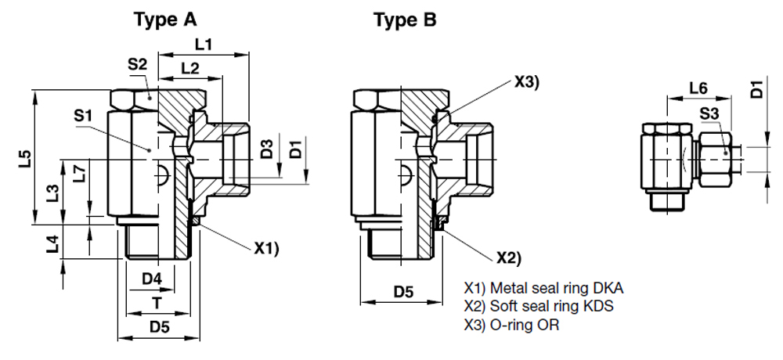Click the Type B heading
405,20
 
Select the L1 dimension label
204,45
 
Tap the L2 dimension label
189,68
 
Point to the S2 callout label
137,66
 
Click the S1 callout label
84,116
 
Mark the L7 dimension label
78,174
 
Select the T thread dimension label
157,302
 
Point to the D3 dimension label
267,148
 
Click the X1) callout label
266,249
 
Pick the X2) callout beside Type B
508,258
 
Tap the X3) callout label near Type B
527,82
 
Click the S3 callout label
709,114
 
